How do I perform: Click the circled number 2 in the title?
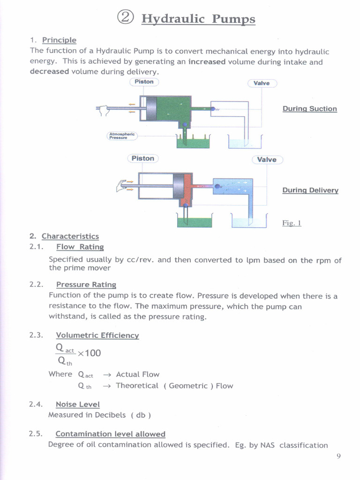point(126,18)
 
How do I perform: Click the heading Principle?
point(59,40)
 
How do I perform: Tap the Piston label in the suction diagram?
point(144,82)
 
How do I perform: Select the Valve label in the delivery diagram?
point(267,159)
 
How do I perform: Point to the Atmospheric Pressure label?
point(122,136)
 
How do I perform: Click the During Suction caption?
point(309,109)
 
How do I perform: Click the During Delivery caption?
point(310,190)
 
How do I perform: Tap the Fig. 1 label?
point(292,223)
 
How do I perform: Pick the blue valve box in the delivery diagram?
point(233,186)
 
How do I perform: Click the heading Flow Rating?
point(80,247)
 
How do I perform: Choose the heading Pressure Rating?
point(86,285)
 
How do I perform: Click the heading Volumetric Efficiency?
point(97,335)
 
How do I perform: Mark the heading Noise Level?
point(77,404)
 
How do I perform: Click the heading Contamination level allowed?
point(110,434)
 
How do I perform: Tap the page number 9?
point(338,456)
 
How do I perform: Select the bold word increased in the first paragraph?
point(207,62)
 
